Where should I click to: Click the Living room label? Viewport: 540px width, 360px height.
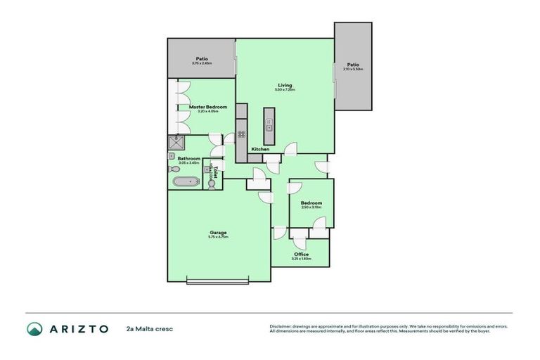285,85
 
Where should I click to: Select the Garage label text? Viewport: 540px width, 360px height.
218,232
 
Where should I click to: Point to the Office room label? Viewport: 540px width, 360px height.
301,254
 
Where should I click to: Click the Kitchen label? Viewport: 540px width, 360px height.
261,150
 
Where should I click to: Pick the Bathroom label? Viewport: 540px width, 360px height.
189,159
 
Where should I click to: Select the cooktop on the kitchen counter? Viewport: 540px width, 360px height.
241,134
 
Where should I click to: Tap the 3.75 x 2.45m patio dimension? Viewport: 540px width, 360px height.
202,64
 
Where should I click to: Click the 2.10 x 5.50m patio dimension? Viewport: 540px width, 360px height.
353,69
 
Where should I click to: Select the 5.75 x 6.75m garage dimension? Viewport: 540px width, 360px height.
218,237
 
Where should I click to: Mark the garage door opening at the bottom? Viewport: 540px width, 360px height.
218,282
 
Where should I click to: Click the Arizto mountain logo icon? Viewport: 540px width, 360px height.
34,328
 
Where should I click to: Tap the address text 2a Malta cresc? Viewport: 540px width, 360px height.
149,328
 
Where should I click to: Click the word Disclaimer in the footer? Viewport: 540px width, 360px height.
281,326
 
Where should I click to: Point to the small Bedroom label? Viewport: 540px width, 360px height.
311,202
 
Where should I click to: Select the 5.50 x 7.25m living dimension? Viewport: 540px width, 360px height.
285,90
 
